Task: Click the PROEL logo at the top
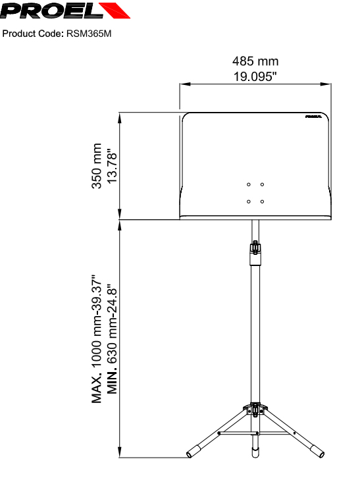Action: [65, 11]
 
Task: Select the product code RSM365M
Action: [89, 34]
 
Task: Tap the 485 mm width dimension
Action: [255, 61]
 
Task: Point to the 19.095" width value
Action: [255, 76]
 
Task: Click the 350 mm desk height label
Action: [97, 166]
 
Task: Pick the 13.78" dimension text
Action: [112, 167]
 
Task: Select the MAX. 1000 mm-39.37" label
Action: [97, 338]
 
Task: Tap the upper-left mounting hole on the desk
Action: [249, 184]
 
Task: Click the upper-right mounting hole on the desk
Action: [262, 184]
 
